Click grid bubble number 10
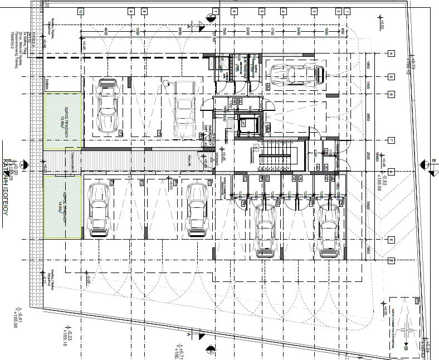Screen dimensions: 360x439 (x=81, y=11)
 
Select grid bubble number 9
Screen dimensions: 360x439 (x=130, y=11)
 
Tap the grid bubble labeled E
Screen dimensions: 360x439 (x=391, y=240)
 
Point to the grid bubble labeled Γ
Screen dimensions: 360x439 (x=391, y=140)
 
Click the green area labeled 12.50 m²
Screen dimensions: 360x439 (x=63, y=121)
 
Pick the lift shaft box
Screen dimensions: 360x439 (x=246, y=125)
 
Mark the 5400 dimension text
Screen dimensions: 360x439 (x=368, y=207)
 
